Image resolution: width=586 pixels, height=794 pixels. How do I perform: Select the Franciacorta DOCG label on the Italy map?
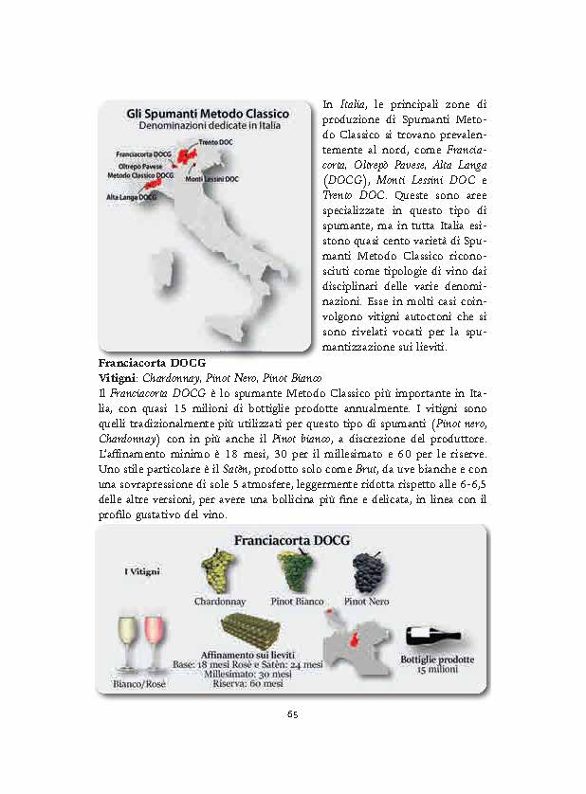pos(144,153)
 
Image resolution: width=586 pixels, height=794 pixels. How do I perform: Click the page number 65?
pos(293,713)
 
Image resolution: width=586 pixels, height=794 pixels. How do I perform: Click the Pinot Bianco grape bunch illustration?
pos(292,571)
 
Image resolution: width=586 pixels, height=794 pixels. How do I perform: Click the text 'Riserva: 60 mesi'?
pos(247,683)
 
